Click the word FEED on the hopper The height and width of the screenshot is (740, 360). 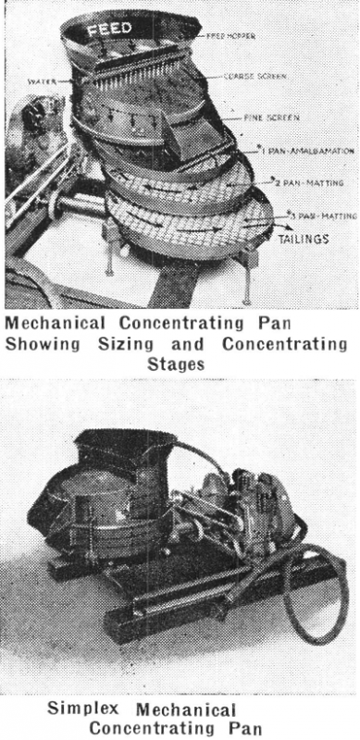click(x=110, y=30)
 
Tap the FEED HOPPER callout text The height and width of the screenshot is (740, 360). click(x=228, y=35)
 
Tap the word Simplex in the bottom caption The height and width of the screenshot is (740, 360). click(x=81, y=709)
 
